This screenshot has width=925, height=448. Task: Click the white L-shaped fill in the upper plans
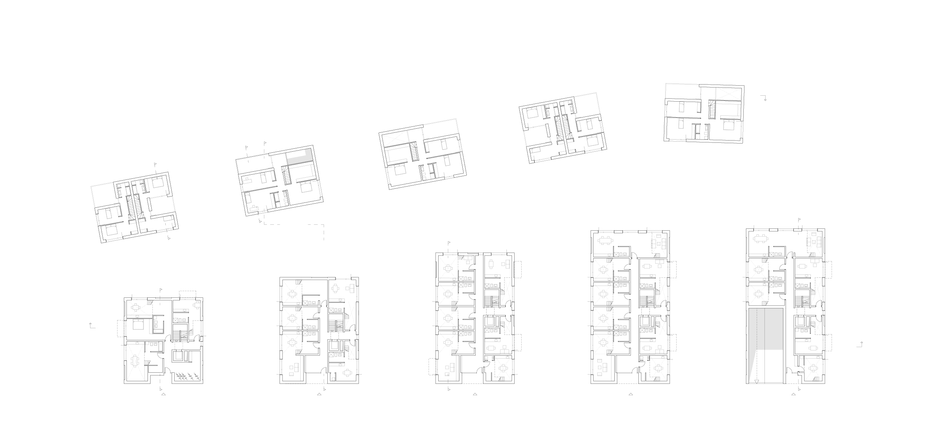pos(300,156)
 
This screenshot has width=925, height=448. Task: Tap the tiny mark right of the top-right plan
pos(764,98)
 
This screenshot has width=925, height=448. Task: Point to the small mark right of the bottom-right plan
pos(859,345)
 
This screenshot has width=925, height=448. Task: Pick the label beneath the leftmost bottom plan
pos(162,395)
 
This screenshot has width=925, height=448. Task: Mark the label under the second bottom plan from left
pos(319,396)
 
